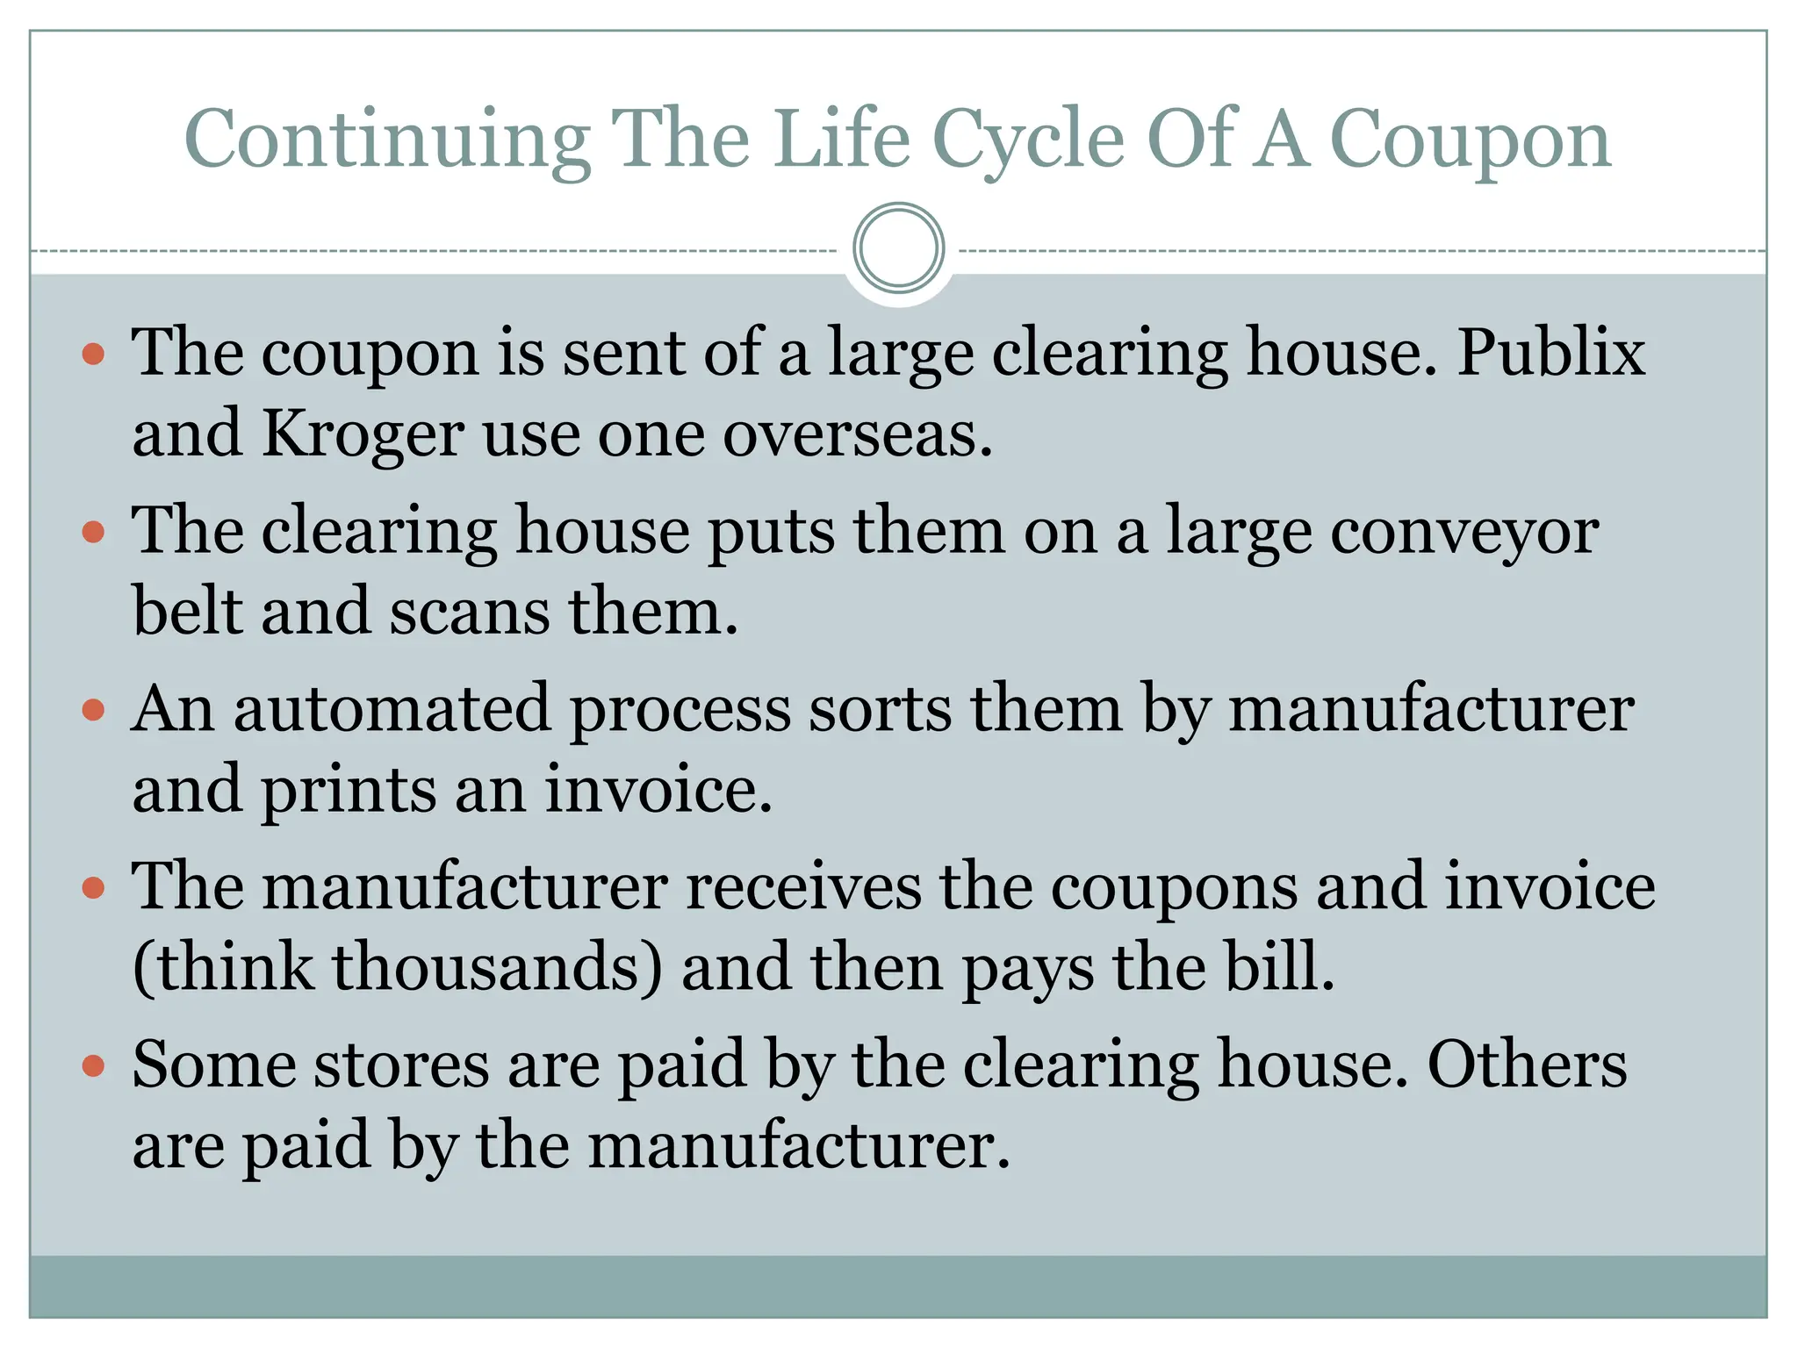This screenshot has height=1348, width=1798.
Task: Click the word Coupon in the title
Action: tap(1471, 140)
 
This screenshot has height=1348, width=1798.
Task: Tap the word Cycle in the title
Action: tap(1027, 140)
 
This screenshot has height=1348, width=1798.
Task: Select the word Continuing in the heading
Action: tap(387, 140)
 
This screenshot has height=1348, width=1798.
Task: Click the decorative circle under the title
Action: tap(898, 247)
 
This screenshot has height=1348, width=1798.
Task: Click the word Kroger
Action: tap(363, 434)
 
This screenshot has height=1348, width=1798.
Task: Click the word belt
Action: tap(187, 612)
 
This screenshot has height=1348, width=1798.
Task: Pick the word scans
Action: tap(470, 612)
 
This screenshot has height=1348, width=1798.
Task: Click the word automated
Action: tap(392, 709)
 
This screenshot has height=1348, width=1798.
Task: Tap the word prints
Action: tap(348, 790)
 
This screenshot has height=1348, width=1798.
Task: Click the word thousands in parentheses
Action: tap(497, 967)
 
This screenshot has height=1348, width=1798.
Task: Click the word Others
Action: tap(1527, 1065)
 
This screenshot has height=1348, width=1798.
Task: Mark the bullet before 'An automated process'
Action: tap(93, 710)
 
